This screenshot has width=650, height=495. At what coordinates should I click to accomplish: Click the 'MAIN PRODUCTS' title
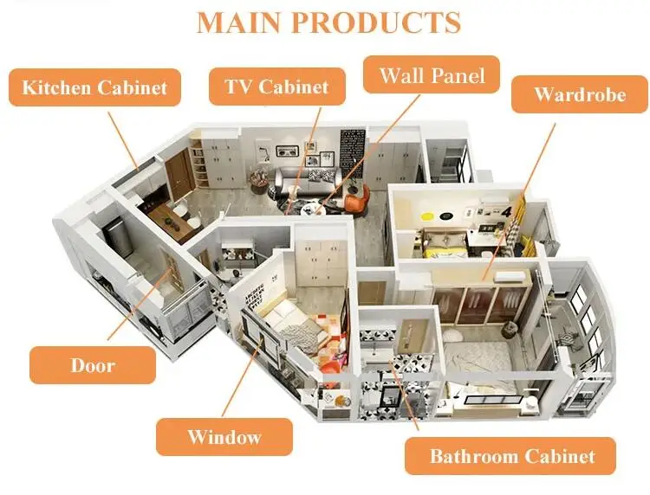pyautogui.click(x=328, y=22)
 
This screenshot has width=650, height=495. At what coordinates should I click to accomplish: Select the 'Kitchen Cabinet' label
pyautogui.click(x=94, y=87)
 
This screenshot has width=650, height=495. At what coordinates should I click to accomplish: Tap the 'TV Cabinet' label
pyautogui.click(x=276, y=87)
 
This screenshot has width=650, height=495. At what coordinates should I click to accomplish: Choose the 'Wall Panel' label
pyautogui.click(x=431, y=76)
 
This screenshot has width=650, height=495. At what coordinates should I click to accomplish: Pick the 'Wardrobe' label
pyautogui.click(x=579, y=93)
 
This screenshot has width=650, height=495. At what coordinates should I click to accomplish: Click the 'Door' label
pyautogui.click(x=93, y=365)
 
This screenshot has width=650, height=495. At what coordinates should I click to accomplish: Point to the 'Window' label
pyautogui.click(x=224, y=436)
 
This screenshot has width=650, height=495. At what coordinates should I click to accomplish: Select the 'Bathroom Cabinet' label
pyautogui.click(x=511, y=456)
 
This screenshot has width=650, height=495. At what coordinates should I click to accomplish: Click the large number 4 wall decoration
pyautogui.click(x=505, y=211)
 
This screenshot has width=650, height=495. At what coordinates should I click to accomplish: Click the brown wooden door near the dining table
pyautogui.click(x=179, y=174)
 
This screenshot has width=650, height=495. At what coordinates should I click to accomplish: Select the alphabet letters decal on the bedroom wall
pyautogui.click(x=257, y=299)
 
